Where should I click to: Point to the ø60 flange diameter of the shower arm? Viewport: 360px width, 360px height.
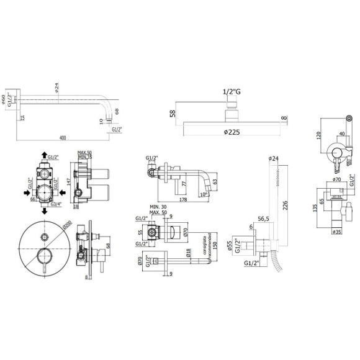pyautogui.click(x=5, y=99)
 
